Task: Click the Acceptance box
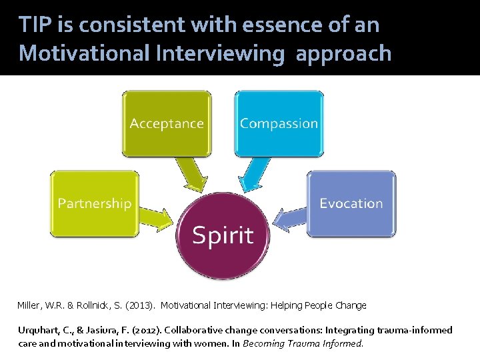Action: point(167,123)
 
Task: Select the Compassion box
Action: point(279,123)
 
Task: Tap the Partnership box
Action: point(95,203)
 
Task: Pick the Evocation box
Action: point(351,203)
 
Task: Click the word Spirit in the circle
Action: point(223,235)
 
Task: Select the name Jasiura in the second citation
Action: point(103,330)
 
